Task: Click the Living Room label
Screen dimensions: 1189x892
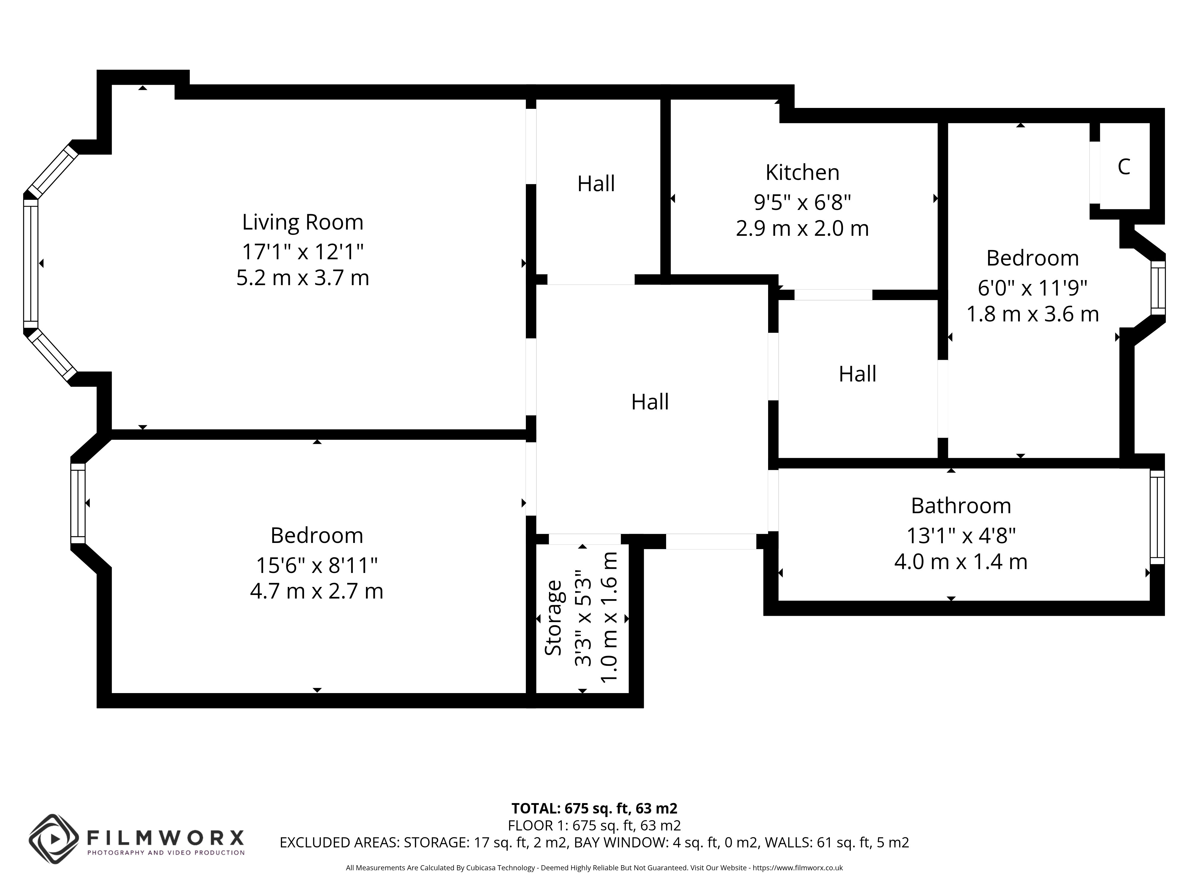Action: pyautogui.click(x=303, y=222)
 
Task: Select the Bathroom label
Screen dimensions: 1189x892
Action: pyautogui.click(x=961, y=506)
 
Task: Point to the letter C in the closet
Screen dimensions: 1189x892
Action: pyautogui.click(x=1123, y=167)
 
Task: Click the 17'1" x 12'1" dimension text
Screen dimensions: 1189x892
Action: pyautogui.click(x=303, y=251)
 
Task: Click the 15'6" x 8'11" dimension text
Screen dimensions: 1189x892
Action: pyautogui.click(x=317, y=565)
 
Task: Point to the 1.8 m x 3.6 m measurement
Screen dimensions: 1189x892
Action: pyautogui.click(x=1033, y=314)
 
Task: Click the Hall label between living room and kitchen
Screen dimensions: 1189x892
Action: pyautogui.click(x=596, y=184)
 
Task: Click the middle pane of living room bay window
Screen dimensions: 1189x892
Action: pyautogui.click(x=31, y=263)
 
